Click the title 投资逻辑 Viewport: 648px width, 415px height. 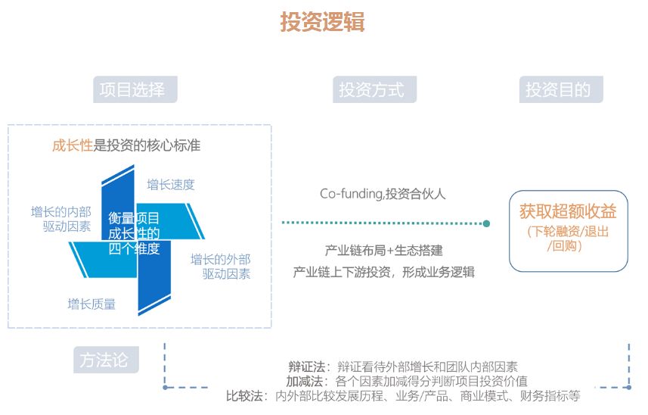click(x=322, y=21)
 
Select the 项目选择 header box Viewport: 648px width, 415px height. click(x=135, y=89)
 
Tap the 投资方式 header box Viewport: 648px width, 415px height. click(x=374, y=89)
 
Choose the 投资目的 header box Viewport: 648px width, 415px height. click(x=561, y=89)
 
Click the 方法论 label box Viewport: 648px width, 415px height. click(x=106, y=360)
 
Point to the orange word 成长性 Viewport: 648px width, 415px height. click(x=73, y=145)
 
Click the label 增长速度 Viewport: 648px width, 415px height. click(x=171, y=185)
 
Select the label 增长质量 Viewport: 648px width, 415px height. click(x=91, y=304)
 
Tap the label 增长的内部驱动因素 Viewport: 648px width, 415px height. click(x=60, y=220)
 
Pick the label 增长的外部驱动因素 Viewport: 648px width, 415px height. click(x=220, y=267)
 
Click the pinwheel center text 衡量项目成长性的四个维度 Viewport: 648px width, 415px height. click(x=134, y=233)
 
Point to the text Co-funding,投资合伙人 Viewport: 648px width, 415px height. click(x=383, y=194)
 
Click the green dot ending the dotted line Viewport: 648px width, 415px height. click(x=486, y=223)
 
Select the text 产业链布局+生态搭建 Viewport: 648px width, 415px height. click(x=383, y=251)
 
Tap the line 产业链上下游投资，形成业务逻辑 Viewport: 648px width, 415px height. click(x=383, y=273)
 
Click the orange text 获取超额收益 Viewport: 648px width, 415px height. click(x=568, y=211)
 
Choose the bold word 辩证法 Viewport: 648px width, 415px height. click(x=307, y=367)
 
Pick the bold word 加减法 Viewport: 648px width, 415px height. click(x=304, y=381)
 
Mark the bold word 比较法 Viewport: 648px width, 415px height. click(x=244, y=396)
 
